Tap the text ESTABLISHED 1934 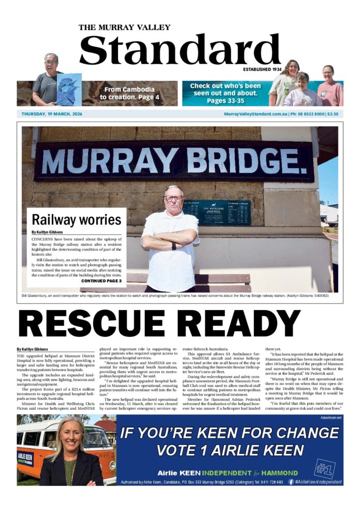pos(262,69)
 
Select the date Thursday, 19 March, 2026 pos(52,114)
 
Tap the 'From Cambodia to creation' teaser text pos(129,93)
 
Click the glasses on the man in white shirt pos(173,198)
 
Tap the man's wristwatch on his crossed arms pos(174,245)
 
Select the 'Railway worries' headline pos(76,219)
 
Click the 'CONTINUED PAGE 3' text pos(101,281)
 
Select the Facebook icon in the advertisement pos(292,481)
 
